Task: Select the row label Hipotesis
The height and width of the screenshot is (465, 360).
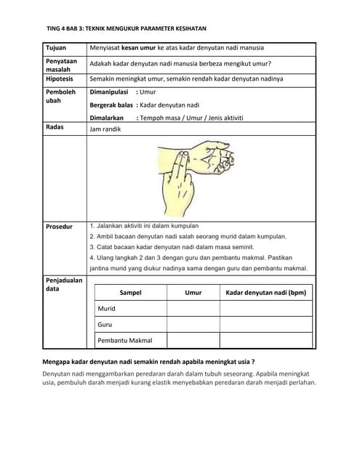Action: (x=60, y=78)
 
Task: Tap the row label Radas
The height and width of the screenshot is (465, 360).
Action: (x=55, y=127)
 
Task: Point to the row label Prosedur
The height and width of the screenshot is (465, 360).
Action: (x=60, y=226)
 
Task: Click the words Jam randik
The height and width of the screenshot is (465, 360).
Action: (x=105, y=129)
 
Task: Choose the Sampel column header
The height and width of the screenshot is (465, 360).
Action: (x=130, y=293)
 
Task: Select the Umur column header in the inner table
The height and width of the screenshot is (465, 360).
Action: (x=193, y=293)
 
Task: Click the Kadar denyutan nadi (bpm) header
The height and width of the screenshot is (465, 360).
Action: (x=266, y=293)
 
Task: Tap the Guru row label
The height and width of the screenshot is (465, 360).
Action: (x=105, y=325)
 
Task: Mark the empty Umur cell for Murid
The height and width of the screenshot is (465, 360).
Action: (x=193, y=309)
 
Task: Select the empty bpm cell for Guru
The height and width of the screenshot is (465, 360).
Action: (x=266, y=325)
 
